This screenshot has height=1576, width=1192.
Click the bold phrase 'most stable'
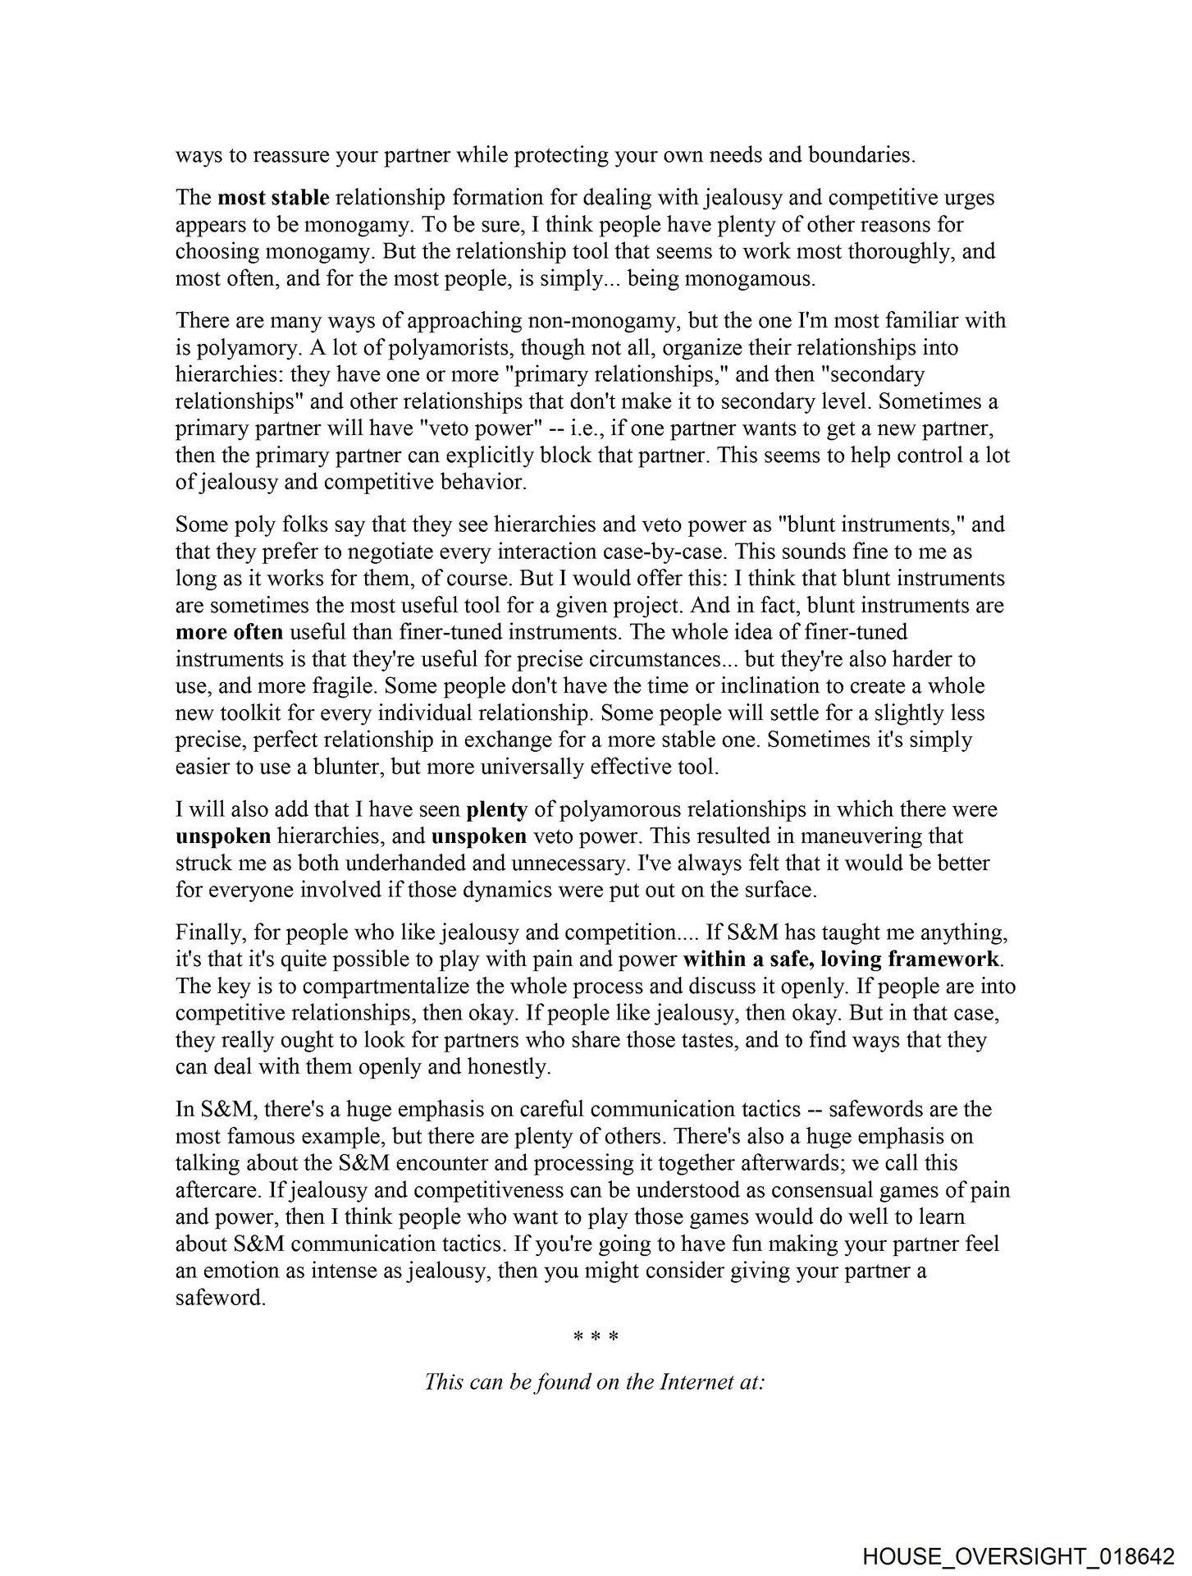273,198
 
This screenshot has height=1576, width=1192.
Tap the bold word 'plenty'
496,809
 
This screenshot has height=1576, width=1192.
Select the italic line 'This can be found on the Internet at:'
596,1381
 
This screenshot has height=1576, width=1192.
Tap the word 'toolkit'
253,712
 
